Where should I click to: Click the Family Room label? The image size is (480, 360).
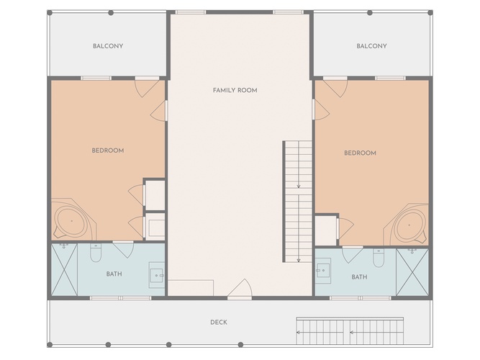(x=235, y=90)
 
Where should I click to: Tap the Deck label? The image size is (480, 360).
(x=219, y=322)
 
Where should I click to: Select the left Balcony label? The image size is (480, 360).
(x=108, y=46)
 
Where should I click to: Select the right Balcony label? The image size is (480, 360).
(x=371, y=46)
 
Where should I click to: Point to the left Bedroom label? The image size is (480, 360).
(x=108, y=150)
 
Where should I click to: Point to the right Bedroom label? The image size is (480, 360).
(x=360, y=153)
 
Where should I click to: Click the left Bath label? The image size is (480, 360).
(x=114, y=274)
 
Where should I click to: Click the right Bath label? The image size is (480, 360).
(x=359, y=277)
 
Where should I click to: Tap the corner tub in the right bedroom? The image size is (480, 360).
(x=407, y=224)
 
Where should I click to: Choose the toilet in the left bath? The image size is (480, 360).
(x=96, y=253)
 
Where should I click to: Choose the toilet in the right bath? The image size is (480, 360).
(x=379, y=258)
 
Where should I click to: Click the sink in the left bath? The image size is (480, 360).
(x=157, y=275)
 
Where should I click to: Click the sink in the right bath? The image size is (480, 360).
(x=323, y=271)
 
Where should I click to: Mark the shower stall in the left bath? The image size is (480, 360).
(x=64, y=269)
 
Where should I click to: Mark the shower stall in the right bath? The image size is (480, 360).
(x=412, y=272)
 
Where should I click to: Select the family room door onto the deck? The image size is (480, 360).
(x=240, y=289)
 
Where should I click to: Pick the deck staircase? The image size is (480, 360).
(x=350, y=330)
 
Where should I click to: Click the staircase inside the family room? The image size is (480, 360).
(x=297, y=202)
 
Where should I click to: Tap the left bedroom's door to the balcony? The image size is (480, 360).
(x=147, y=88)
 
